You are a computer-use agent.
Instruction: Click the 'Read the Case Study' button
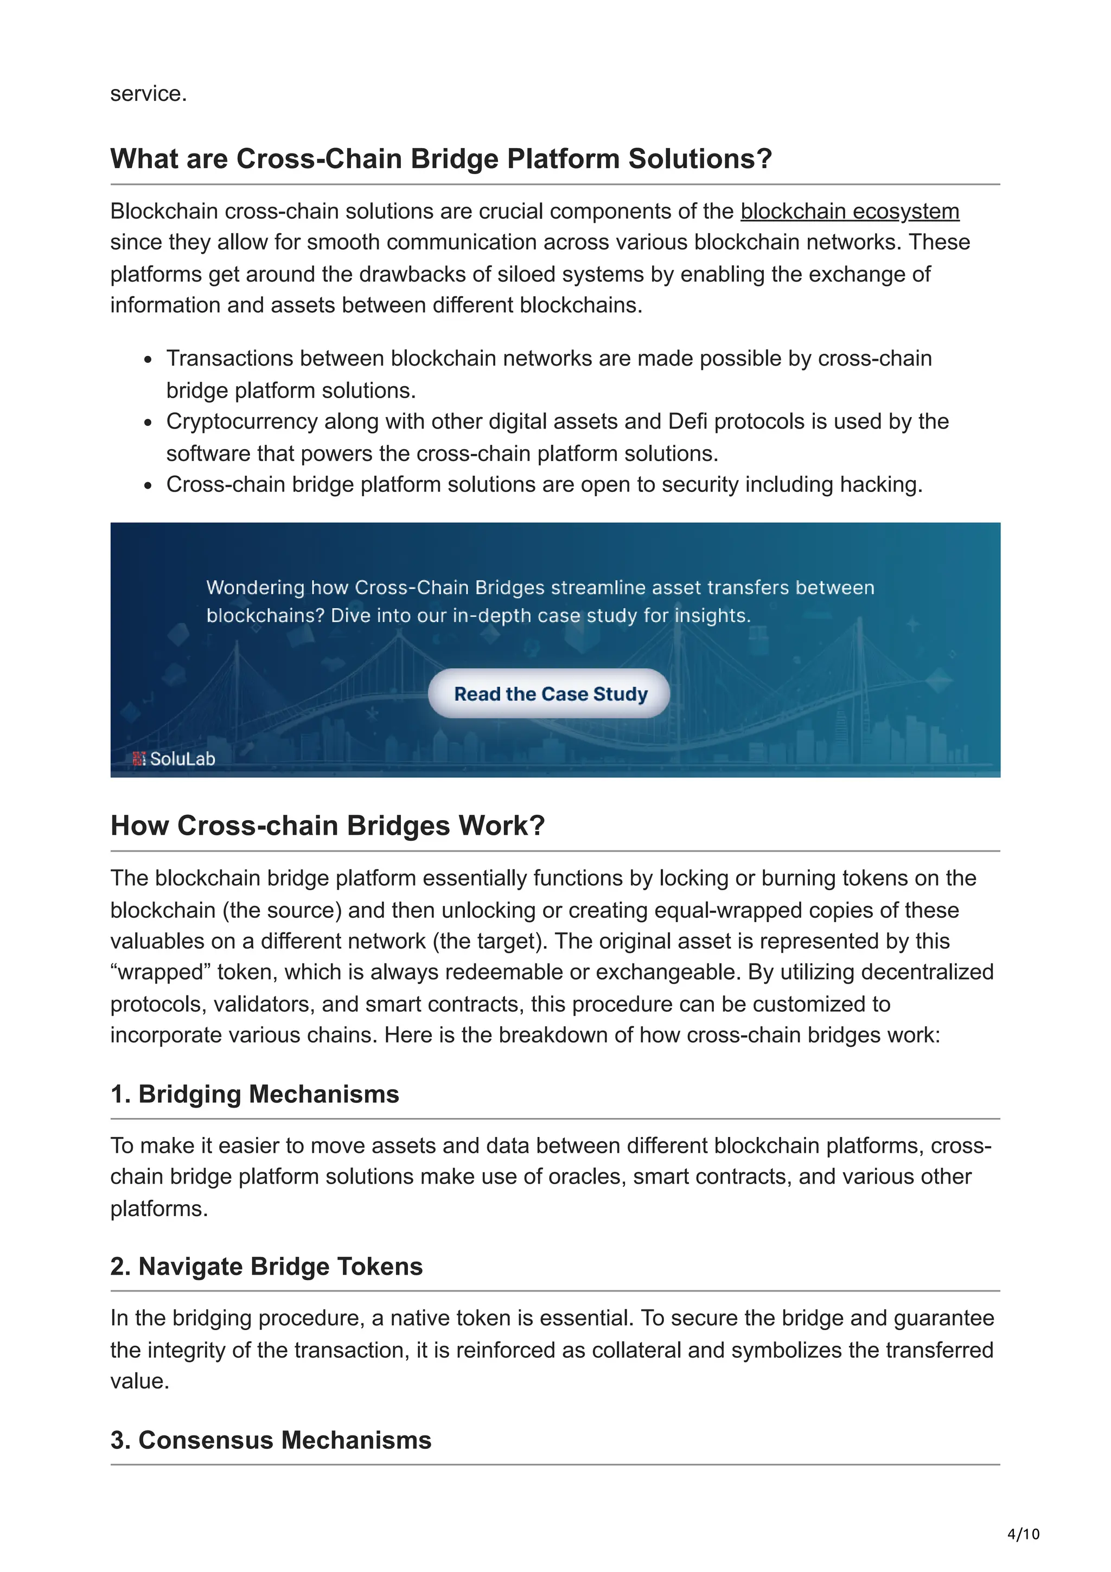pos(550,694)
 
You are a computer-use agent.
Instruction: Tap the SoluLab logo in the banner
pos(175,759)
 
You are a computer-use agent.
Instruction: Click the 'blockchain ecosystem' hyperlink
pos(849,211)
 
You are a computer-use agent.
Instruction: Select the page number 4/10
pos(1023,1533)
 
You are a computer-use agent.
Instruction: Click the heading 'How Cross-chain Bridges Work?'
pos(327,825)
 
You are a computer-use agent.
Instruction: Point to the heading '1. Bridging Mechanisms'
pos(254,1094)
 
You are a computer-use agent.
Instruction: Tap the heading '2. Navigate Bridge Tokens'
pos(266,1266)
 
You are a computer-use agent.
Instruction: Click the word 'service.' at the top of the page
pos(149,93)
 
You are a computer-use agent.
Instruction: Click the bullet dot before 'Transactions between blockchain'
pos(148,360)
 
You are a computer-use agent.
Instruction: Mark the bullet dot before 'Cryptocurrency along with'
pos(148,423)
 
